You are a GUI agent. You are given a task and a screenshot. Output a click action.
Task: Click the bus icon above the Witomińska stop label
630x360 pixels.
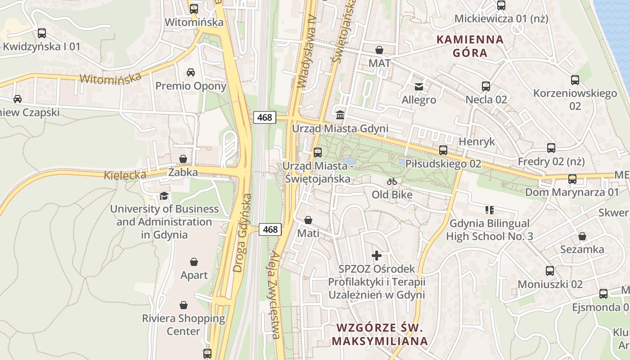[x=194, y=9]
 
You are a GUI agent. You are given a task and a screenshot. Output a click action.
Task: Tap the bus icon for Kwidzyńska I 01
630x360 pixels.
[x=42, y=33]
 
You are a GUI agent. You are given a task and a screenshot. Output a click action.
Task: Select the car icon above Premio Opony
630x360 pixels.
[x=191, y=72]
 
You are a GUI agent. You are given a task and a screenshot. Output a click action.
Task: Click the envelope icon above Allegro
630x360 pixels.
[x=419, y=86]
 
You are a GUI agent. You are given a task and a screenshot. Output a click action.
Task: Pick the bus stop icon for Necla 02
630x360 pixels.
[x=486, y=86]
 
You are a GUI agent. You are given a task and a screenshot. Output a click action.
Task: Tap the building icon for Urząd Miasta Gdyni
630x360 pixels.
[x=340, y=115]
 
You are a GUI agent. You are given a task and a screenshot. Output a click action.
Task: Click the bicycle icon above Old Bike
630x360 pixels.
[x=392, y=181]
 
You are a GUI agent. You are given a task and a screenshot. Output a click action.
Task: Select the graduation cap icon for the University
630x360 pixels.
[x=164, y=196]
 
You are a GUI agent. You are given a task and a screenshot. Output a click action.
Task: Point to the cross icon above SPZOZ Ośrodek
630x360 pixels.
[x=377, y=256]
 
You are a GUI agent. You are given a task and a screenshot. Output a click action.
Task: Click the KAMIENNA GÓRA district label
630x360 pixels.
[x=470, y=46]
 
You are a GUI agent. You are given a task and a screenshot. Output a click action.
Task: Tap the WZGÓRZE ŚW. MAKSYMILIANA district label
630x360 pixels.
[x=379, y=334]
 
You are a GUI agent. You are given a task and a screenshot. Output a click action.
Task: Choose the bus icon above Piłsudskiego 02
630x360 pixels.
[x=443, y=150]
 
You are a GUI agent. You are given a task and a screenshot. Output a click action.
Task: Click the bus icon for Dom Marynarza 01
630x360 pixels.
[x=572, y=179]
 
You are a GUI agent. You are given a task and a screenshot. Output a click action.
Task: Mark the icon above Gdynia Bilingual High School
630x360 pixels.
[x=490, y=210]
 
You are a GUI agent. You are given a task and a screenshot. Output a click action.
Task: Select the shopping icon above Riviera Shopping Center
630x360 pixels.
[x=184, y=305]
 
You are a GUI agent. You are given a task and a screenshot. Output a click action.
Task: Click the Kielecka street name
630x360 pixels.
[x=125, y=175]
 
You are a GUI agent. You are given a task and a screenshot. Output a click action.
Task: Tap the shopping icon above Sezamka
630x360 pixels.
[x=582, y=236]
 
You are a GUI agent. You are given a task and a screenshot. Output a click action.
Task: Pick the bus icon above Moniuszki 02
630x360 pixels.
[x=550, y=270]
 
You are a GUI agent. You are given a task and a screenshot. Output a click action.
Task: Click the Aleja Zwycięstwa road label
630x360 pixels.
[x=275, y=295]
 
